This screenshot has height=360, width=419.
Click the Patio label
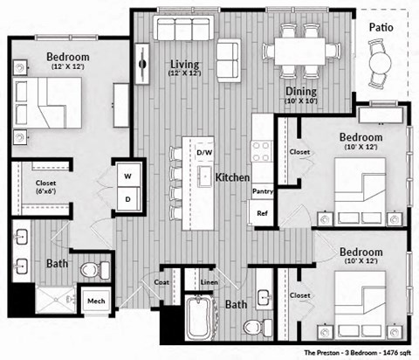click(381, 27)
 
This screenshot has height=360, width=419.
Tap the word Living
click(185, 64)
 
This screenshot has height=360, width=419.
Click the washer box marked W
click(127, 175)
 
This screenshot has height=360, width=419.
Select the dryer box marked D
click(127, 199)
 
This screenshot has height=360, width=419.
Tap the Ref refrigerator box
click(261, 212)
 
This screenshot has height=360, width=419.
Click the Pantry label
click(263, 190)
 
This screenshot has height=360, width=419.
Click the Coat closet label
click(162, 281)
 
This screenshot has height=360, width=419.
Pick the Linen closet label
click(209, 281)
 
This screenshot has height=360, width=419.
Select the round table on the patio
click(381, 62)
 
